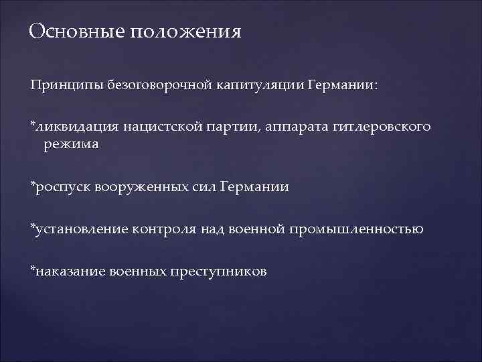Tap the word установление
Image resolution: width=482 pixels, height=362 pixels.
pos(83,229)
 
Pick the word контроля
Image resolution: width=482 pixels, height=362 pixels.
pos(167,229)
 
